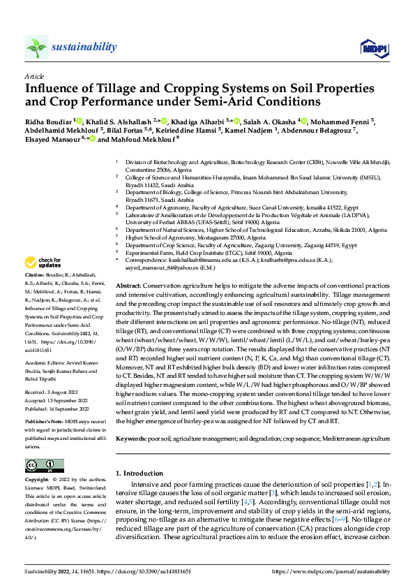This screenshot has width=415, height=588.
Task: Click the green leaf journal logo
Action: [37, 47]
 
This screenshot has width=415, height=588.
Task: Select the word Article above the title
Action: [34, 76]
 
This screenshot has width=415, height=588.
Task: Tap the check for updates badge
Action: [43, 263]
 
